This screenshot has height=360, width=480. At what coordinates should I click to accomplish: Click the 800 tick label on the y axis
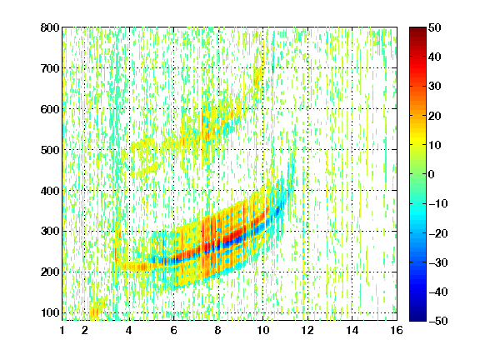click(x=50, y=27)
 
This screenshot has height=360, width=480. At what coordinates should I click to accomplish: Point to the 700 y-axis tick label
click(x=50, y=68)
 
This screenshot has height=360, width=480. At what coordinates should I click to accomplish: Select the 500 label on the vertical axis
click(x=50, y=150)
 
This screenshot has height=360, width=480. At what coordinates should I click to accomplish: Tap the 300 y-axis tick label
click(x=50, y=232)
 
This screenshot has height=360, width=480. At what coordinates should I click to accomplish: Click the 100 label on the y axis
click(x=50, y=312)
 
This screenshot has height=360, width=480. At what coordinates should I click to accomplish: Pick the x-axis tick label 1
click(x=62, y=330)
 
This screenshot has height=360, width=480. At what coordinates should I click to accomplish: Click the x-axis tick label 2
click(x=85, y=330)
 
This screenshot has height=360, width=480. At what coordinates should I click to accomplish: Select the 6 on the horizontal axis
click(x=173, y=330)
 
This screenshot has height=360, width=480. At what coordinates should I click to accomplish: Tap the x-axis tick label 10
click(x=262, y=330)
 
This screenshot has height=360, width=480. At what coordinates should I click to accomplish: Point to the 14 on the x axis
click(x=352, y=330)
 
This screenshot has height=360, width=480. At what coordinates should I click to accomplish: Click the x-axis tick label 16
click(x=397, y=330)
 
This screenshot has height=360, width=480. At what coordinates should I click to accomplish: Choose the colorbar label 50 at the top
click(x=434, y=27)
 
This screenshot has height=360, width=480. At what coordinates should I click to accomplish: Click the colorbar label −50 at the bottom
click(x=438, y=321)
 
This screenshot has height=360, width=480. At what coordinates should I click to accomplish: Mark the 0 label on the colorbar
click(x=432, y=174)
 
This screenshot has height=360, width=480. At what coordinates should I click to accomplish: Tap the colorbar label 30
click(x=434, y=87)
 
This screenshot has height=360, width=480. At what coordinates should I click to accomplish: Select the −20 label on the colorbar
click(x=438, y=233)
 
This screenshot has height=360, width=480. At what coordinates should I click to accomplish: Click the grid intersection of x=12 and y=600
click(x=307, y=109)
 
